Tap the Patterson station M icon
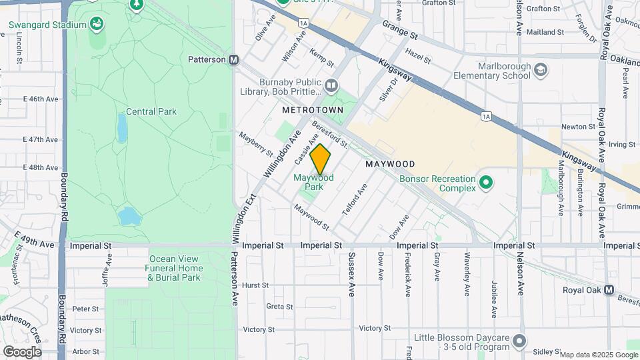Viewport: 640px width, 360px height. (x=234, y=59)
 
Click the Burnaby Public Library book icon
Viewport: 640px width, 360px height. (x=331, y=85)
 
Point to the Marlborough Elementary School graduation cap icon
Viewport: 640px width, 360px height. (x=541, y=71)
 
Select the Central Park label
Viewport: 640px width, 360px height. (x=151, y=111)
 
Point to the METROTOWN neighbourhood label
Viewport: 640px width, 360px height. (x=312, y=109)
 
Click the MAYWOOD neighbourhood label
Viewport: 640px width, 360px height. (x=390, y=164)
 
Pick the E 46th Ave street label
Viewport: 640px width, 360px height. (x=41, y=99)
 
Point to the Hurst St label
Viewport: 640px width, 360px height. (x=255, y=285)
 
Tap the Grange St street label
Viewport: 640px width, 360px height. (x=399, y=28)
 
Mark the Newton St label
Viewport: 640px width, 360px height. (x=578, y=126)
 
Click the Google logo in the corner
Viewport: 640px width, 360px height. (x=21, y=352)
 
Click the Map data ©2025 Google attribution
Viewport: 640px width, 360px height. (x=598, y=355)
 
